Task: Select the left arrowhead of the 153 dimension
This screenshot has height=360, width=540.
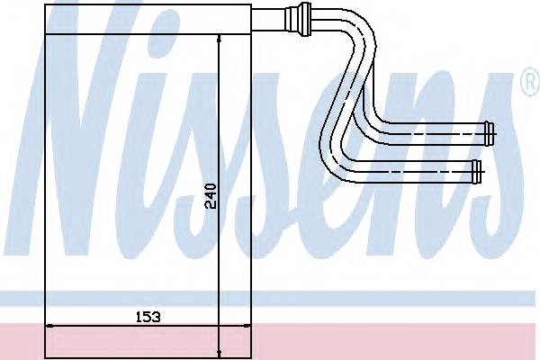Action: (49, 328)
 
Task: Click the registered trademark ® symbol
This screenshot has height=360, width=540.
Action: (528, 84)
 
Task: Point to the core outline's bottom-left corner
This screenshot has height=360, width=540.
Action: (45, 355)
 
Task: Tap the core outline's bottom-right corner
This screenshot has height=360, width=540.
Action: (250, 355)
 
